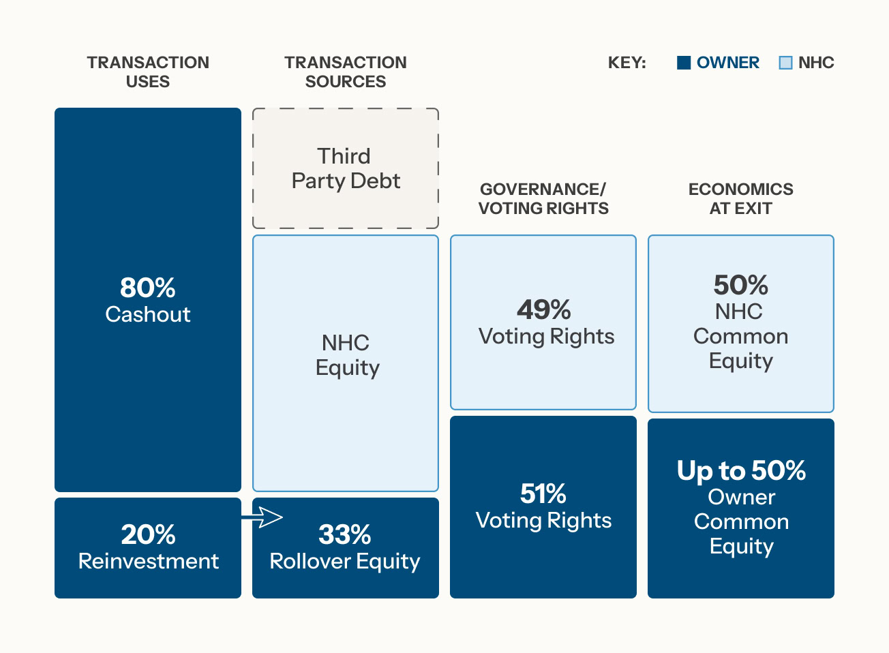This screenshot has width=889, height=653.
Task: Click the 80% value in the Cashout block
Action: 148,288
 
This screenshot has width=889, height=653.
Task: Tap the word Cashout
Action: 148,314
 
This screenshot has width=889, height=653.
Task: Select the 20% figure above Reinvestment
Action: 148,534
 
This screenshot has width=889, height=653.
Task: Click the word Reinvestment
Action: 148,561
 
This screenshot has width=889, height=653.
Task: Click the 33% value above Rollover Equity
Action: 345,534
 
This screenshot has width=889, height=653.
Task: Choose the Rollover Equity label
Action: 345,561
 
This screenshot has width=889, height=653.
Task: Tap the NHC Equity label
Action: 346,354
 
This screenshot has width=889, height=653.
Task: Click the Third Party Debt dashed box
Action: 346,168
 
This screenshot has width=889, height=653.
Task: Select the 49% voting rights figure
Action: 543,309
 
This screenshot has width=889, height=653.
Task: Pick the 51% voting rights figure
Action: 543,493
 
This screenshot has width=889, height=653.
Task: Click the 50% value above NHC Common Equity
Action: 740,285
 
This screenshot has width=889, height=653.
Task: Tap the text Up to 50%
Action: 741,470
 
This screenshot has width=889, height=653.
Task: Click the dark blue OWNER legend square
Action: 684,63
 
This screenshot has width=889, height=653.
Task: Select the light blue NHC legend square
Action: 785,63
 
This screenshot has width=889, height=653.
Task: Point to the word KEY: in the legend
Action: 627,63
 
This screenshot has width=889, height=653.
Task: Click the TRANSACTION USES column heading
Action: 148,72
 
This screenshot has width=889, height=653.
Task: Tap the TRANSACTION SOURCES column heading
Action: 346,72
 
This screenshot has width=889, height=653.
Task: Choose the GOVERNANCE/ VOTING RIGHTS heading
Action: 543,198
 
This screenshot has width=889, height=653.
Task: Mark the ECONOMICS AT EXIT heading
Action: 740,198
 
